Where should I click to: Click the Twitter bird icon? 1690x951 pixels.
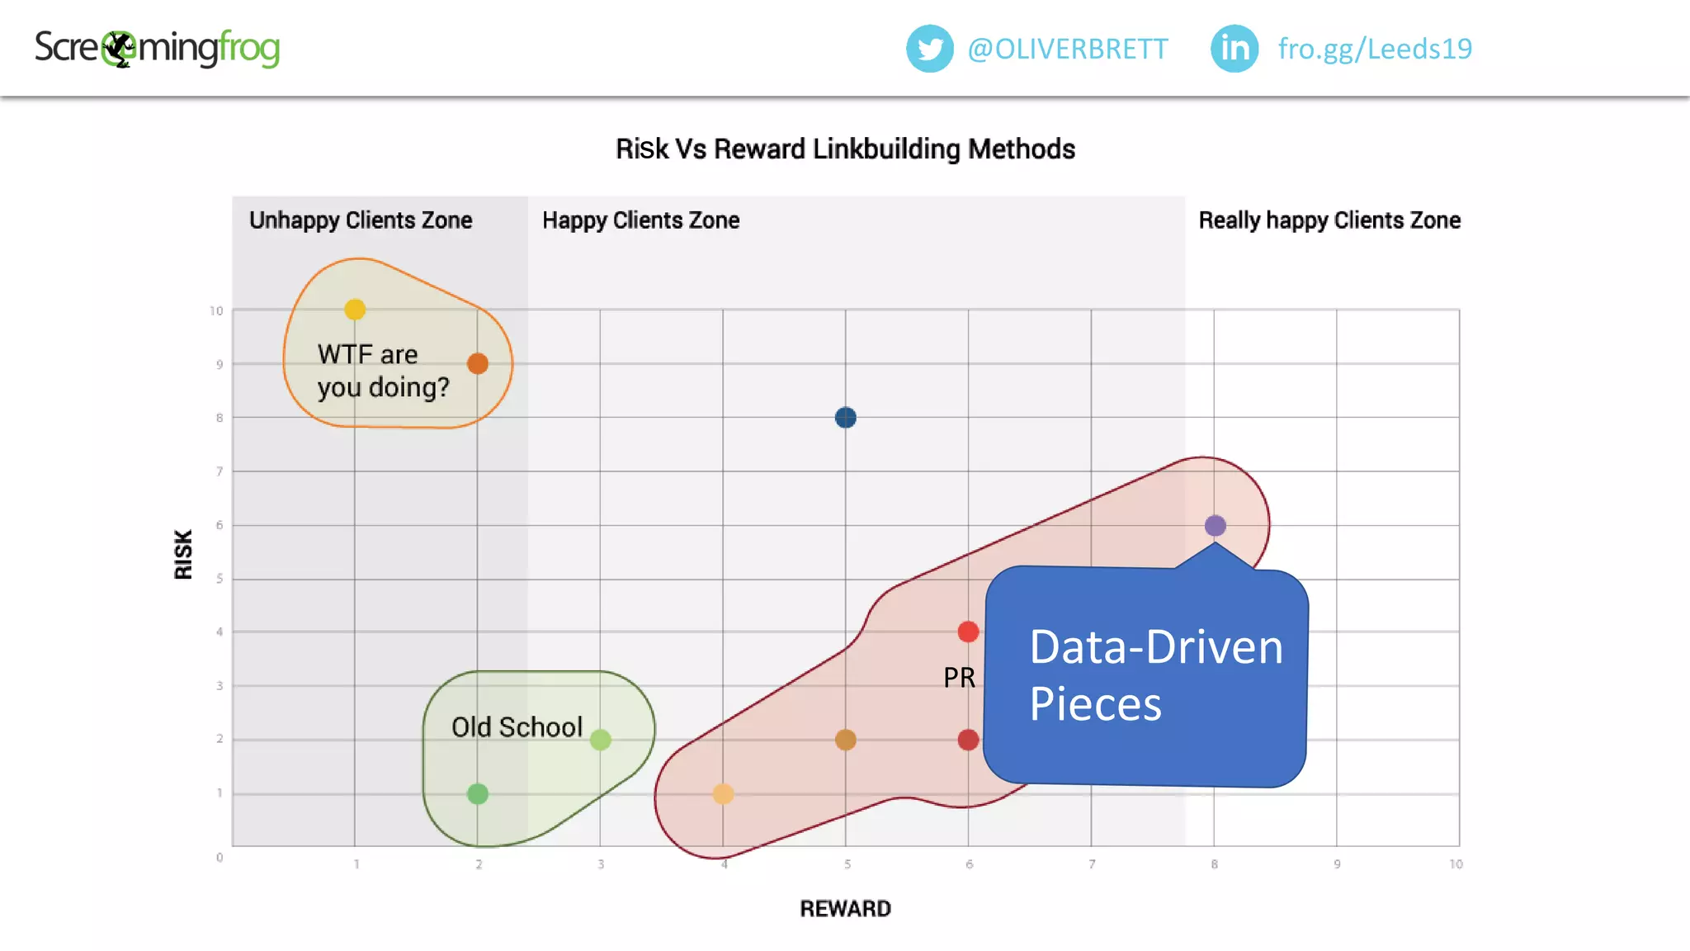click(x=929, y=49)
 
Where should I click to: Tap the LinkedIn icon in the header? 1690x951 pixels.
click(x=1234, y=49)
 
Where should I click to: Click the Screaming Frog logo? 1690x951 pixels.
click(x=157, y=49)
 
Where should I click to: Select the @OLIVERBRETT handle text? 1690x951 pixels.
click(x=1067, y=50)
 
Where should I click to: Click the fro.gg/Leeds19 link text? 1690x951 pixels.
click(x=1375, y=50)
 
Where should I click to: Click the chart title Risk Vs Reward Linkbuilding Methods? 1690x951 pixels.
click(x=845, y=149)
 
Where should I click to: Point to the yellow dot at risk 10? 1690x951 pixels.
click(x=355, y=310)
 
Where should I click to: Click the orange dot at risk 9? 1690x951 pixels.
click(x=478, y=363)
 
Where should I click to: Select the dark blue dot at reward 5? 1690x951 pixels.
click(x=845, y=418)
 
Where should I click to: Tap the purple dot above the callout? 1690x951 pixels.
click(x=1215, y=526)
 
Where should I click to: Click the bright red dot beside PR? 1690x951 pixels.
click(x=968, y=632)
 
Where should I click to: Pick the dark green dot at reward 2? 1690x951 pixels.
click(x=478, y=794)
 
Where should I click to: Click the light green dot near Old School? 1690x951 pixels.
click(x=601, y=740)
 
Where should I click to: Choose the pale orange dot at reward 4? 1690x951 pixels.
click(x=723, y=794)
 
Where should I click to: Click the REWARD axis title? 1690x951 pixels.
click(x=845, y=909)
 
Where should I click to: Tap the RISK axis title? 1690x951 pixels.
click(x=183, y=554)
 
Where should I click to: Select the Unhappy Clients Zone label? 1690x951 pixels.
click(x=361, y=220)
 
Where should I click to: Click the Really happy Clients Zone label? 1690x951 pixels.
click(x=1329, y=220)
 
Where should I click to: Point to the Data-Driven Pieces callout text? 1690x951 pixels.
click(x=1155, y=675)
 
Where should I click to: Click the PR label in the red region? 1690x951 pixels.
click(x=959, y=678)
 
